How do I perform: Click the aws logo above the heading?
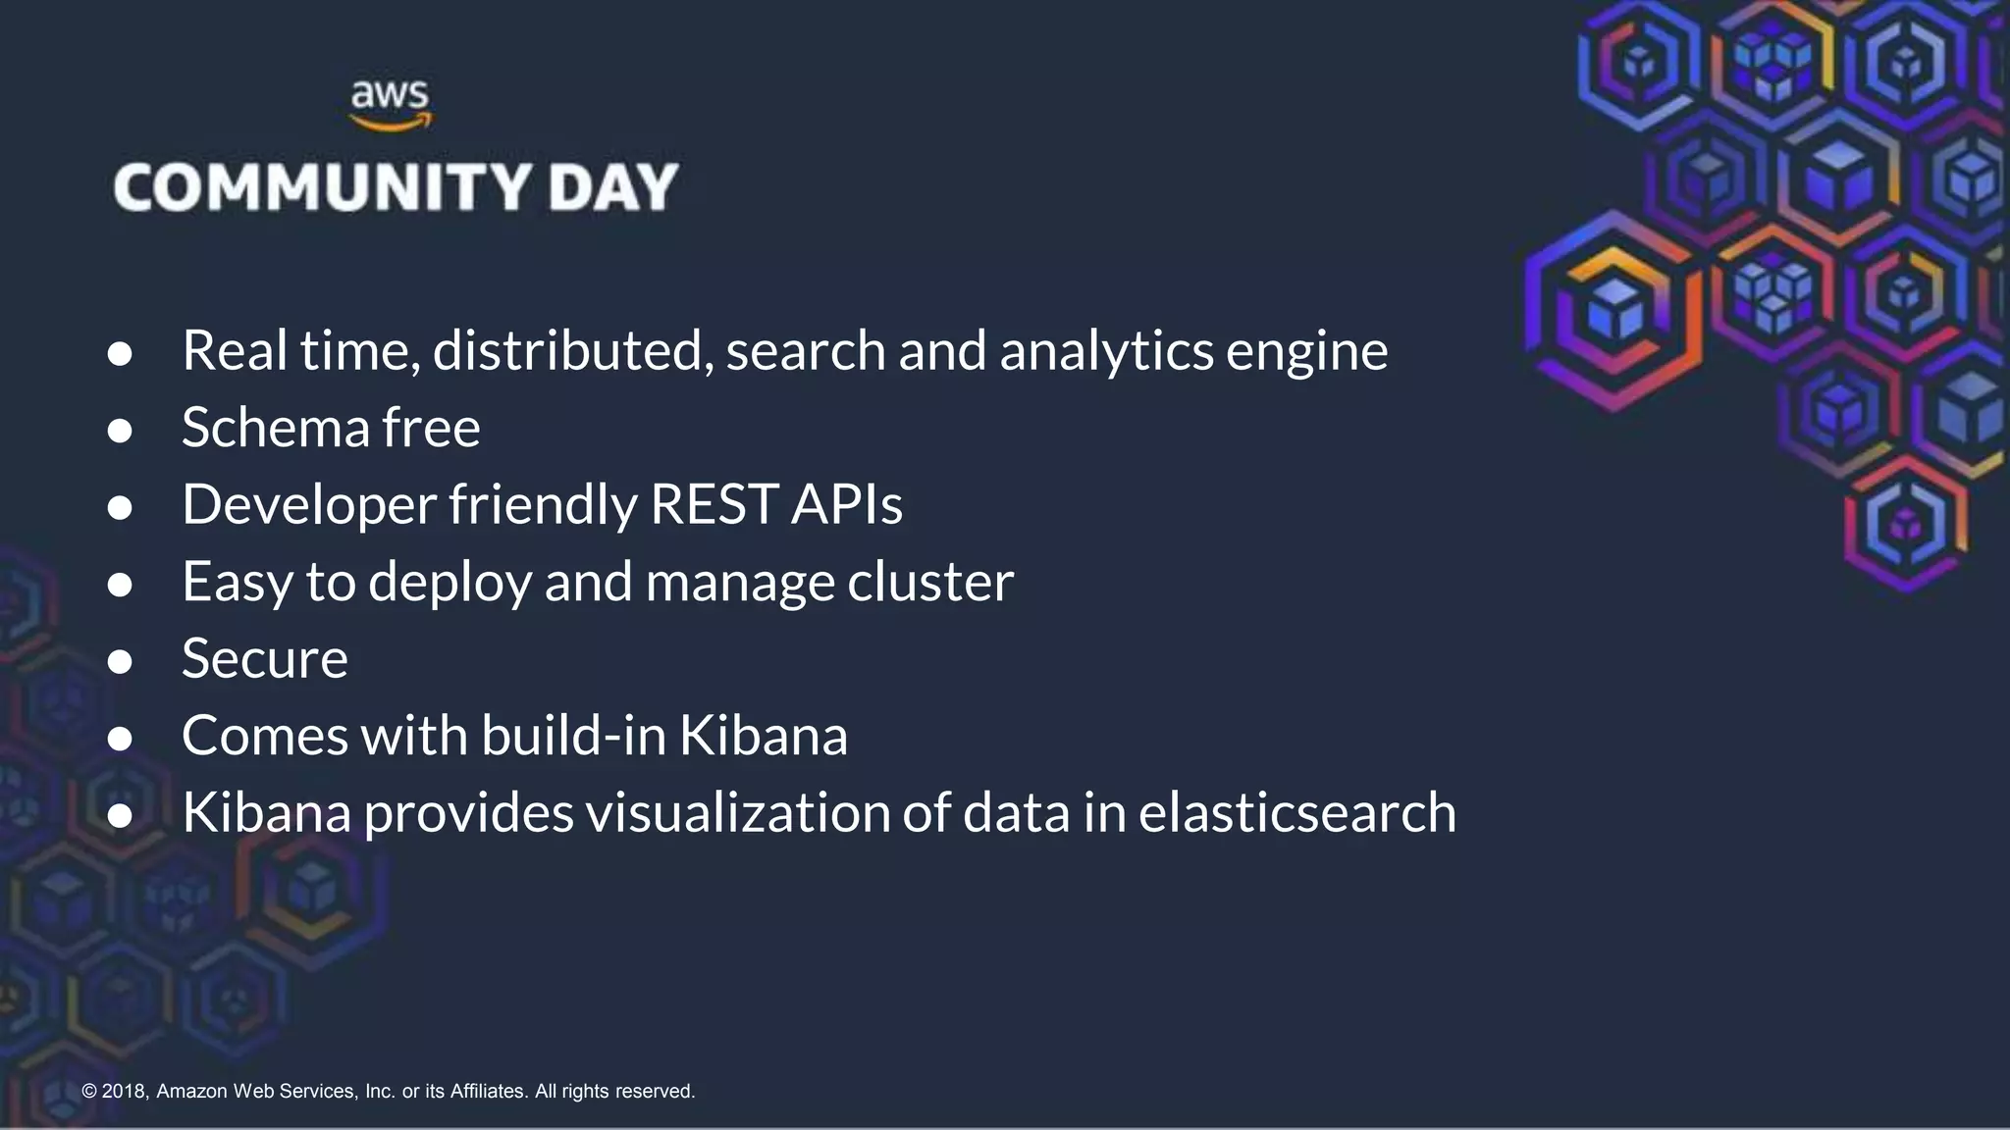click(x=391, y=105)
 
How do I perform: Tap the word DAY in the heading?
click(x=613, y=187)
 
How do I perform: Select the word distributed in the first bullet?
click(x=573, y=350)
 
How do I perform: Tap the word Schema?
click(x=275, y=428)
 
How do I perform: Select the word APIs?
click(x=846, y=504)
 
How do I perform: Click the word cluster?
click(x=929, y=582)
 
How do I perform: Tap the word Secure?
click(x=265, y=658)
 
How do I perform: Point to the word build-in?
click(x=573, y=735)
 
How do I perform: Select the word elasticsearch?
click(x=1296, y=812)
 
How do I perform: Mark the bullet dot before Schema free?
click(x=120, y=431)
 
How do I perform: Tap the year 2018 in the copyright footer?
click(x=124, y=1091)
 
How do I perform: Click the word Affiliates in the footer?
click(x=489, y=1091)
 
